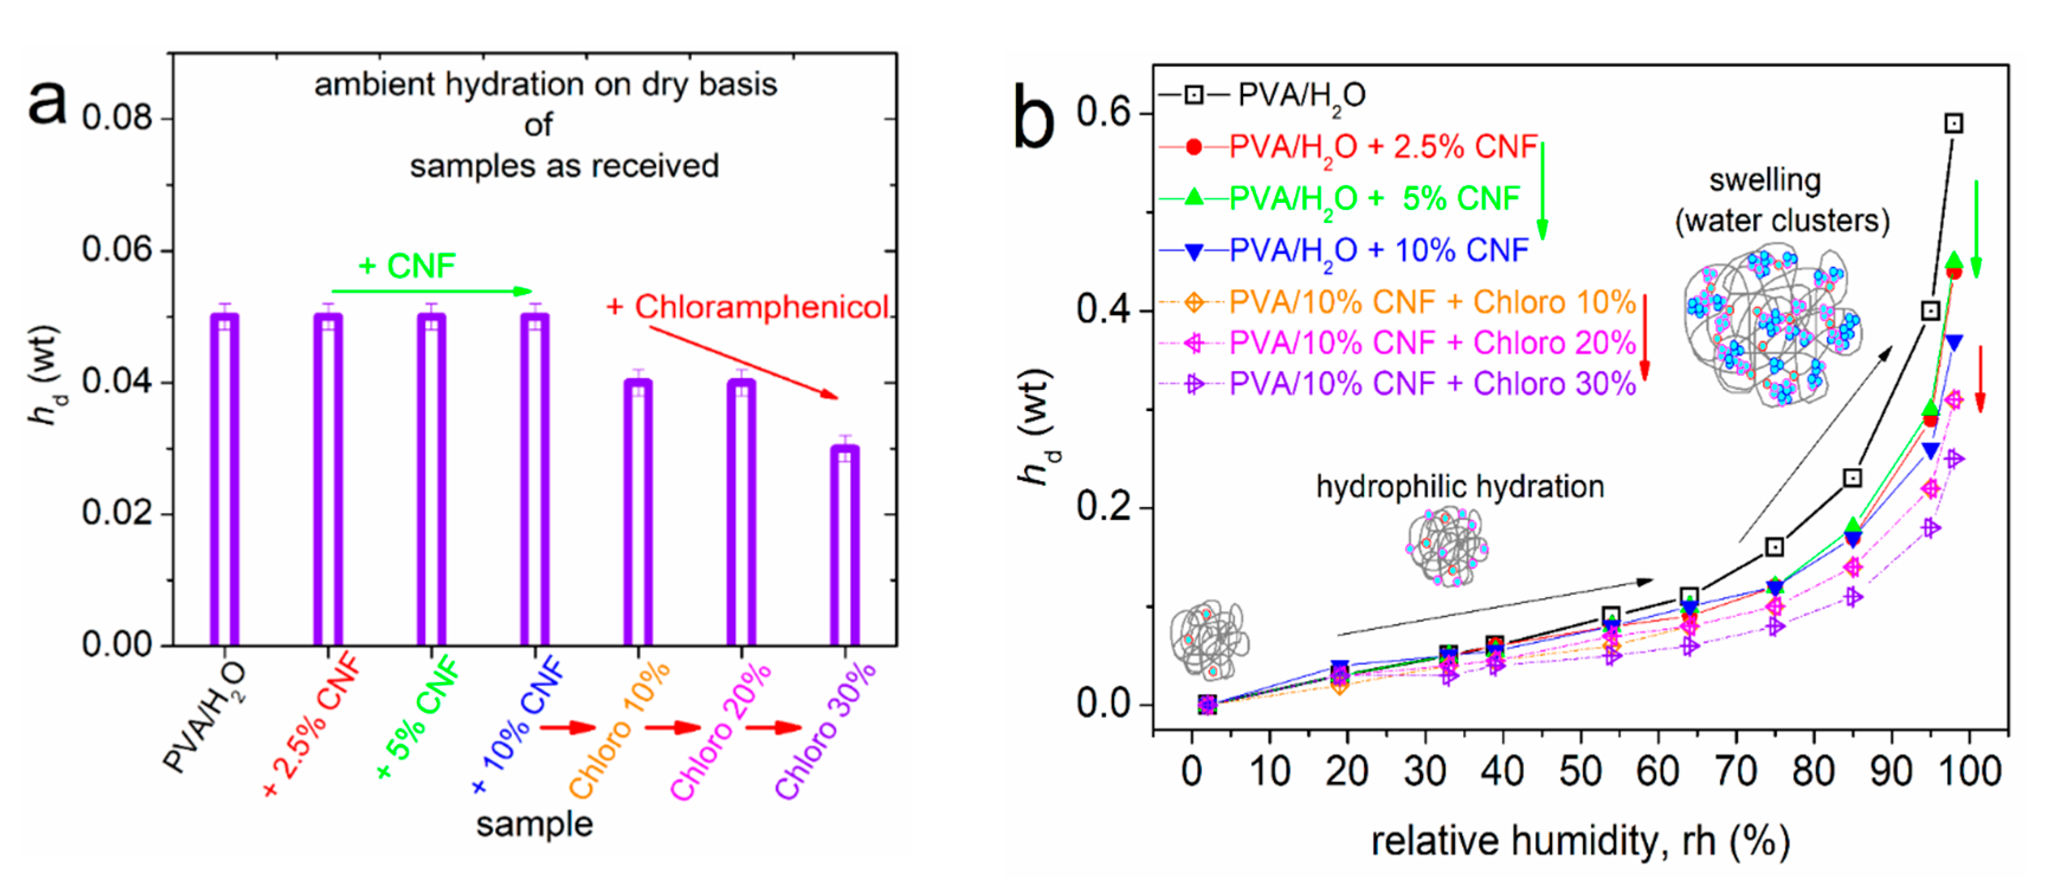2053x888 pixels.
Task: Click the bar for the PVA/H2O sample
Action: [225, 478]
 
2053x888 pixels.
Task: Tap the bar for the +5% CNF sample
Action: [431, 478]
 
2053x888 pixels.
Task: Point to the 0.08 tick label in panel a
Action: [117, 118]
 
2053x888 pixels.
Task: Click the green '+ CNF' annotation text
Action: [407, 266]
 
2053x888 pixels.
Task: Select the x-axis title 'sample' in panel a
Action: [535, 824]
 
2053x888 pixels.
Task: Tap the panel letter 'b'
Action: [1034, 120]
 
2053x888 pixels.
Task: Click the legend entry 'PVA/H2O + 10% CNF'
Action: [1379, 250]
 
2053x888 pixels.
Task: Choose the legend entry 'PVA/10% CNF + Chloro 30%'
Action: [1432, 383]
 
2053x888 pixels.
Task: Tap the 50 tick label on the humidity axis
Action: [1580, 771]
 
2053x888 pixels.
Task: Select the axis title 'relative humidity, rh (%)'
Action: [1580, 842]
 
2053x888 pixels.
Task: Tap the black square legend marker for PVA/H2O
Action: [1194, 95]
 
